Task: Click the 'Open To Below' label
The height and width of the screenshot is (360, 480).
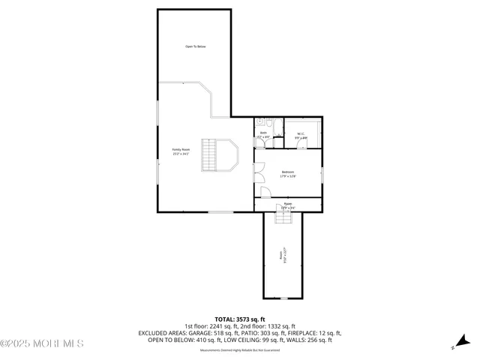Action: click(195, 46)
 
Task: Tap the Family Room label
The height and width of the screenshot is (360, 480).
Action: click(181, 151)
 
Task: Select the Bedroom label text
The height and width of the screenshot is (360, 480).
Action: click(289, 175)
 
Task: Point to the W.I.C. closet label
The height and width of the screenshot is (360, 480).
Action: click(300, 136)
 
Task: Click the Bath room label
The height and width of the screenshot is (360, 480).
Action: click(263, 135)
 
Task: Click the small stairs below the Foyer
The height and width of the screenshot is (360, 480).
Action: click(283, 217)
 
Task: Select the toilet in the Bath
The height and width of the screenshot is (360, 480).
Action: click(259, 122)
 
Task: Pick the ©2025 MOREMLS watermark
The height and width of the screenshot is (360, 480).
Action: click(42, 343)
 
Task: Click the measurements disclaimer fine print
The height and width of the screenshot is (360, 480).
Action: click(240, 349)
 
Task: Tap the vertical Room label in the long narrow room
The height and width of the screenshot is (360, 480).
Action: click(282, 257)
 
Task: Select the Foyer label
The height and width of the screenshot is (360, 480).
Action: click(287, 205)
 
